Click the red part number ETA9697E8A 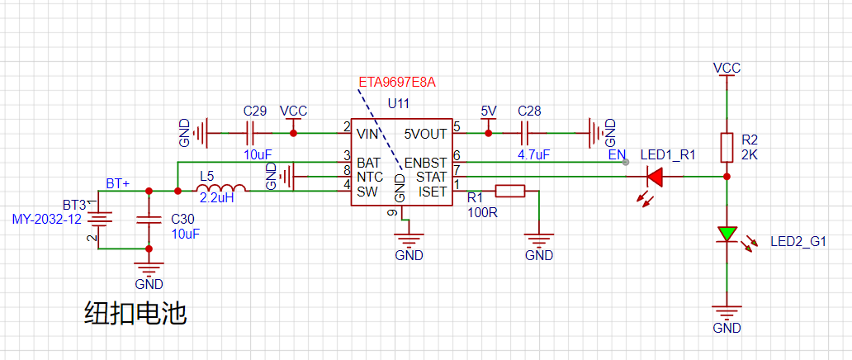click(397, 83)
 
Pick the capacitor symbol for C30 click(149, 219)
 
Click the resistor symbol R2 click(727, 147)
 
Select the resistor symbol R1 click(509, 191)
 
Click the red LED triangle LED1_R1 click(655, 176)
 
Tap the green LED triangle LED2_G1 click(727, 234)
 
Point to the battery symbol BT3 click(98, 220)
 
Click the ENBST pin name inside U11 click(425, 163)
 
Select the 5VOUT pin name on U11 click(425, 133)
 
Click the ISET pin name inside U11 click(433, 192)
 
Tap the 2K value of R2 click(750, 155)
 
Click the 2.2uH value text click(217, 198)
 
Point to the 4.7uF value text click(532, 155)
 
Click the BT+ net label click(118, 184)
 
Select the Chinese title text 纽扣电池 click(135, 314)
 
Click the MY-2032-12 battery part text click(46, 219)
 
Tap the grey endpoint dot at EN click(626, 162)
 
